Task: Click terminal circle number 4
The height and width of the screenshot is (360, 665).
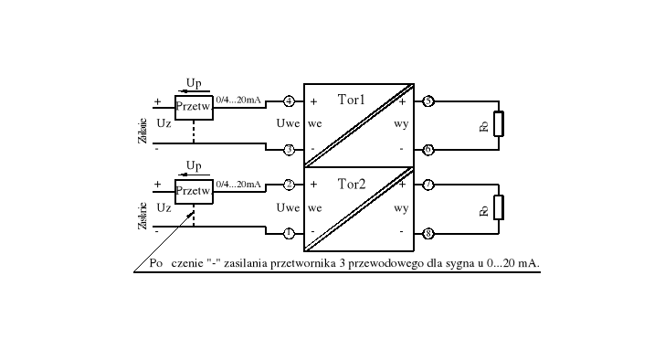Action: coord(289,101)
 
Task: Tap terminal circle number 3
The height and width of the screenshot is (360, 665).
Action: coord(289,149)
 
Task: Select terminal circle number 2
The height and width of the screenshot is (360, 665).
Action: coord(289,185)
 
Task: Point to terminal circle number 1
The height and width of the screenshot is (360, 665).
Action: coord(289,233)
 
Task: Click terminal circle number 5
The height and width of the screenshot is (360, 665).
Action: coord(428,101)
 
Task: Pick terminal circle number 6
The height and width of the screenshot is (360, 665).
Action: coord(428,149)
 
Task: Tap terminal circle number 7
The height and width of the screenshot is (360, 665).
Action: coord(428,185)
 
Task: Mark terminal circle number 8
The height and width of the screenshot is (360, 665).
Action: coord(428,233)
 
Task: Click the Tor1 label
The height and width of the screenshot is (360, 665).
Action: coord(352,100)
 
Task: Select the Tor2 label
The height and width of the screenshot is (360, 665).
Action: coord(352,184)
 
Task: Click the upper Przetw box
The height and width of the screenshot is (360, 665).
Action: coord(194,108)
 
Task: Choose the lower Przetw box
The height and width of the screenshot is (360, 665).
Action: coord(194,192)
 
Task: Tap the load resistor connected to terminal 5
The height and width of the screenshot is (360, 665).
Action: coord(498,124)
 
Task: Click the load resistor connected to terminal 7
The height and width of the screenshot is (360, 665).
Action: coord(498,208)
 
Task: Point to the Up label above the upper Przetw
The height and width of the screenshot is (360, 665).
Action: coord(194,83)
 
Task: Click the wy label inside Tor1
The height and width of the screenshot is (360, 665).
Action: coord(401,124)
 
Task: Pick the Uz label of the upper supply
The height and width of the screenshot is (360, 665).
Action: coord(164,123)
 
